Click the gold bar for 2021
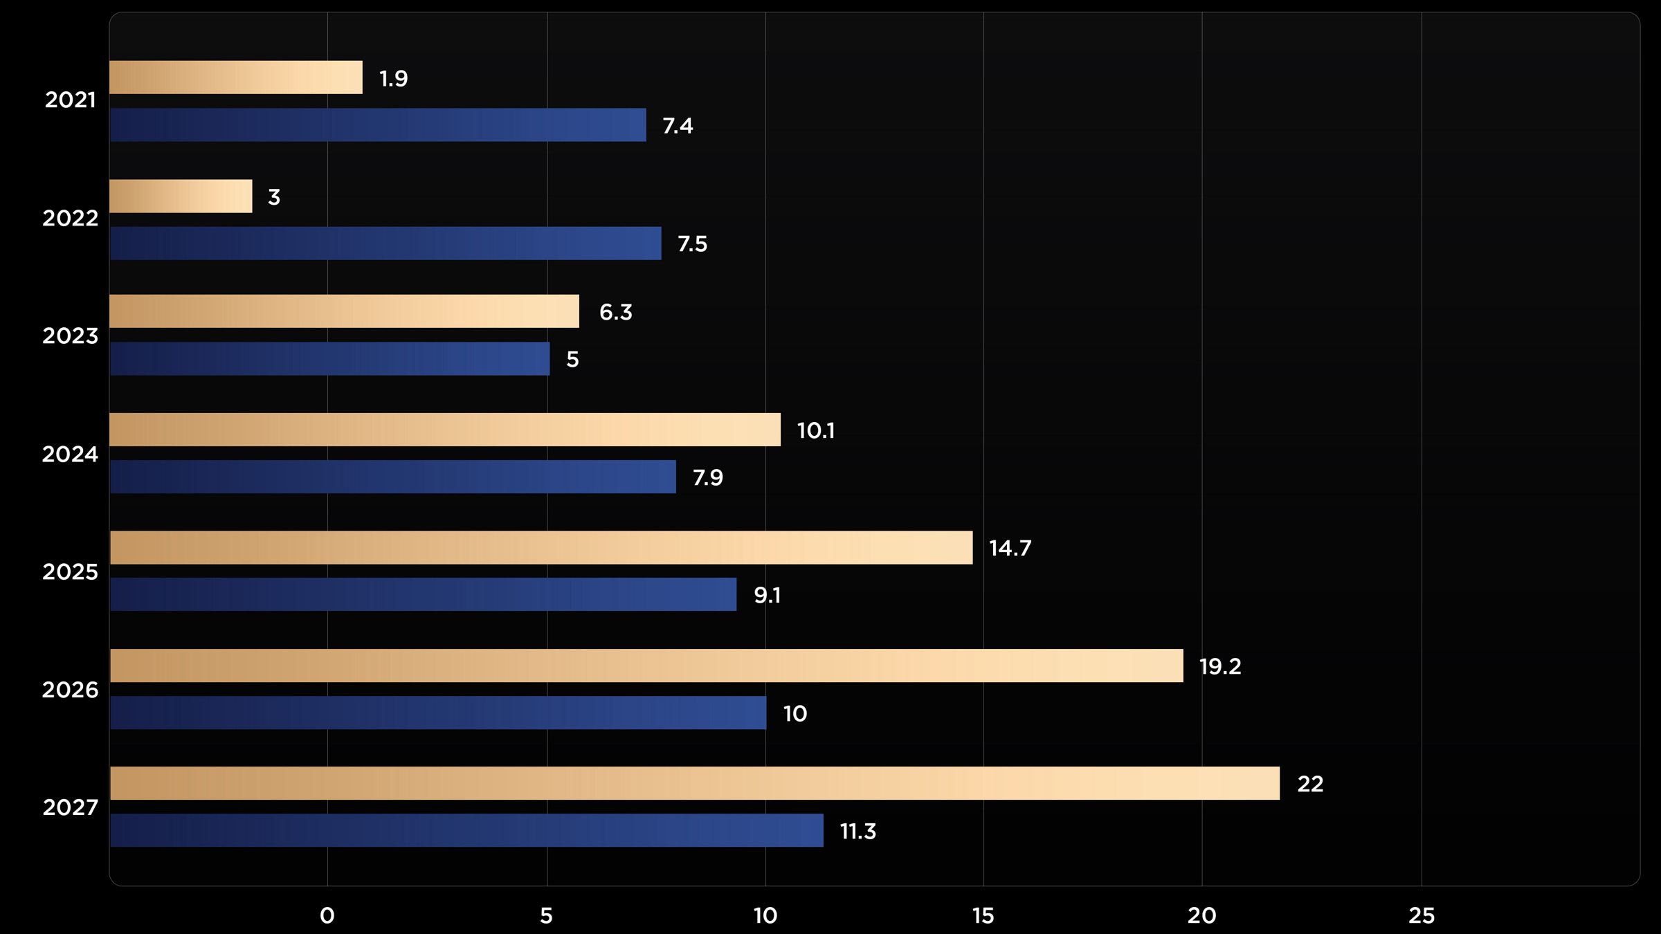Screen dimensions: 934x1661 click(235, 77)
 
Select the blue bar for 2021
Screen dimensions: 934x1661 click(377, 125)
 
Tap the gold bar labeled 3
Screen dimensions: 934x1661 click(181, 196)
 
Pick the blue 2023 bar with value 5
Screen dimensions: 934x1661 click(329, 358)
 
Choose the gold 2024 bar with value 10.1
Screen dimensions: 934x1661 click(444, 430)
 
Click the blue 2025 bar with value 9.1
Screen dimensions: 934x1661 click(423, 594)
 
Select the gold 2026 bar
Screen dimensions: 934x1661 click(646, 666)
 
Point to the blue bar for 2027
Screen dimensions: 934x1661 click(466, 830)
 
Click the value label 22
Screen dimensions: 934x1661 click(1309, 784)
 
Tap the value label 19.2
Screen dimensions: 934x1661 click(1219, 666)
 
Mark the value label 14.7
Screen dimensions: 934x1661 click(1010, 548)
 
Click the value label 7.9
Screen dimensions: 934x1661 click(707, 477)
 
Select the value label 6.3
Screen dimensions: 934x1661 click(615, 312)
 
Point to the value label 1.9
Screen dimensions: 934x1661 click(393, 78)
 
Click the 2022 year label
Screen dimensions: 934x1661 click(70, 218)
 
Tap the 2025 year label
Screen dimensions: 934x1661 click(70, 571)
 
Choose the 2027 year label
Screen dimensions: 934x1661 click(70, 807)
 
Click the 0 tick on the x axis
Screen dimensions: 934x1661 click(327, 915)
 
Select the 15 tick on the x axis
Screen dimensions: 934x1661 click(983, 915)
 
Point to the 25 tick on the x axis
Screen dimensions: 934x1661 click(1422, 915)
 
